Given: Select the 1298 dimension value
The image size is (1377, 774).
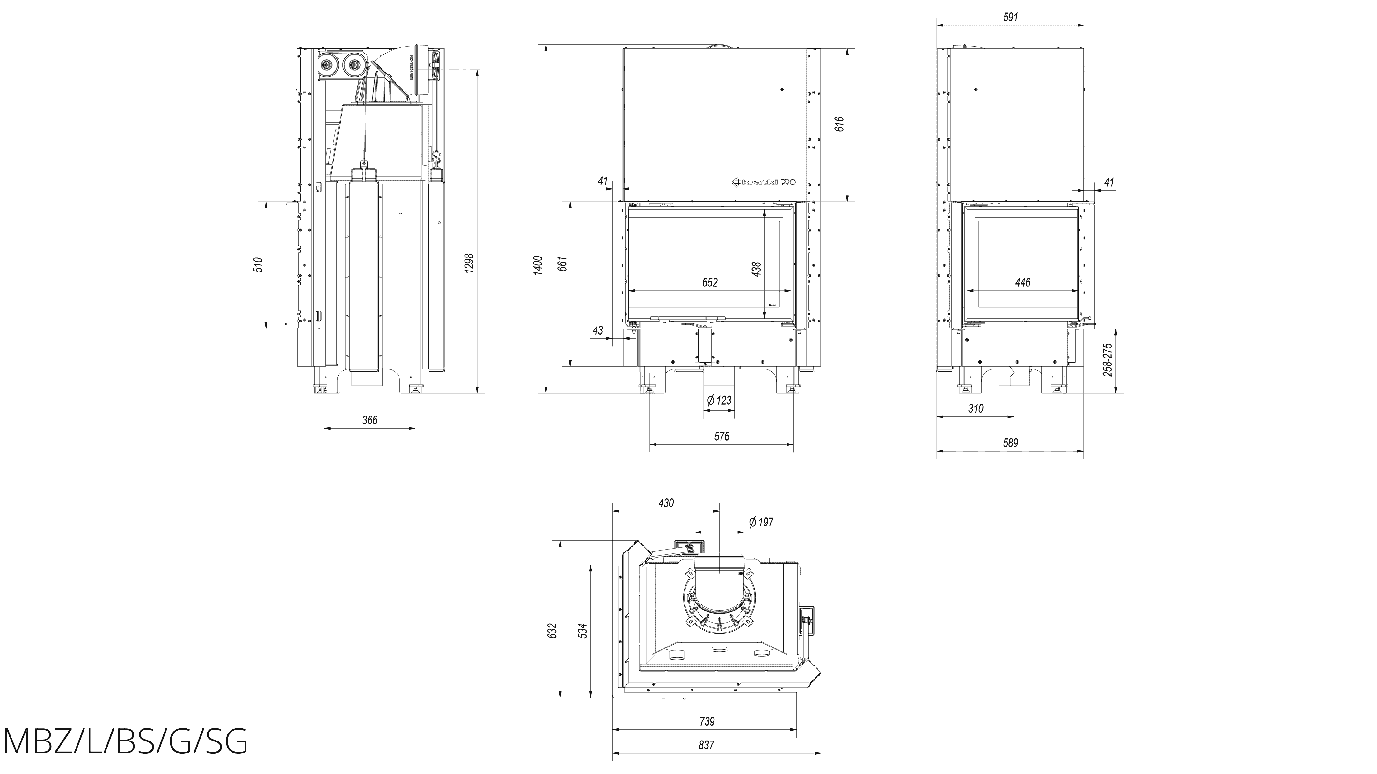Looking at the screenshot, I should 470,263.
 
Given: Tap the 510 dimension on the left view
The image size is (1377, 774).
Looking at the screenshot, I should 259,265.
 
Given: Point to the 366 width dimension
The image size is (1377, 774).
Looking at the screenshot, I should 370,420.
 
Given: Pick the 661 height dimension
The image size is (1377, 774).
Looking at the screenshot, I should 562,264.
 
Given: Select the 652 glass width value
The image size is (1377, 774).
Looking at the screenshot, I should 710,283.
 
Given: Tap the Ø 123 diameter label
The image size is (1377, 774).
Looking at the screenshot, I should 719,400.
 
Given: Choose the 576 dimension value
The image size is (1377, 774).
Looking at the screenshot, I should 721,437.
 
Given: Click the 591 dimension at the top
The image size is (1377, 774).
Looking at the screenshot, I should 1010,17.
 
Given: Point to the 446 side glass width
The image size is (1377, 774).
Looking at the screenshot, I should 1022,283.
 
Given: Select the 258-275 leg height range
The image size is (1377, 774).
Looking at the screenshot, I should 1108,359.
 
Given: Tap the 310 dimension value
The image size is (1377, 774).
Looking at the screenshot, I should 976,409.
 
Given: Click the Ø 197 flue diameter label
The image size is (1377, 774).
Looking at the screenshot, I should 761,522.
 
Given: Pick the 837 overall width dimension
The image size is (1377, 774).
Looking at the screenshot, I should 706,745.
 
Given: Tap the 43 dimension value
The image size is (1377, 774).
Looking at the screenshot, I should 597,331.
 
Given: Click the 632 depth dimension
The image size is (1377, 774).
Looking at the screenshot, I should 553,630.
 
